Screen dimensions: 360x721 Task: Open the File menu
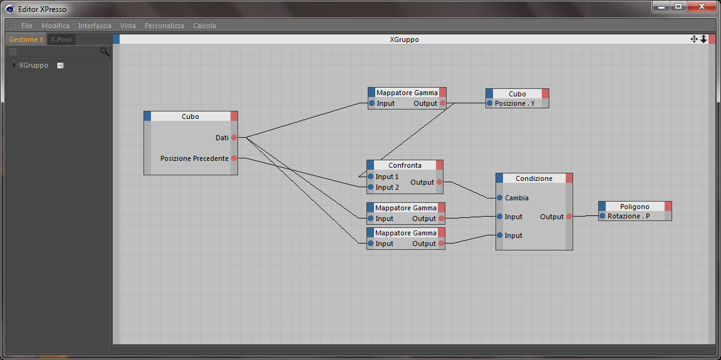(x=26, y=26)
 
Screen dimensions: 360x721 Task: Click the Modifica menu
(x=55, y=26)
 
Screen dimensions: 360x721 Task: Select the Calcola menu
(x=204, y=26)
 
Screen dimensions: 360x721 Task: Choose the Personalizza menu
(x=164, y=26)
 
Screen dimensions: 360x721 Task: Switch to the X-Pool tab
(x=61, y=39)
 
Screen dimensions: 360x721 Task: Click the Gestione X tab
(x=26, y=39)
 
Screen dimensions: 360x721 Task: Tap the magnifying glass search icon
(x=105, y=51)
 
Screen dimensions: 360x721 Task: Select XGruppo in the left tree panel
(x=33, y=65)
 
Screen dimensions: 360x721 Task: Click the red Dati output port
(x=234, y=137)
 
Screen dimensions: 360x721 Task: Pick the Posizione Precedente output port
(x=234, y=158)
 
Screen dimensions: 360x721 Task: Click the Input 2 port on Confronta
(x=371, y=187)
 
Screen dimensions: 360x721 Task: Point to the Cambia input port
(x=500, y=198)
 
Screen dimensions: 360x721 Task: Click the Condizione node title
(x=534, y=178)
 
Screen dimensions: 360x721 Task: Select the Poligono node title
(x=635, y=207)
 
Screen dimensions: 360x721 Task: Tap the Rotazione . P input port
(x=603, y=216)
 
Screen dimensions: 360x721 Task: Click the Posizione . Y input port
(x=490, y=103)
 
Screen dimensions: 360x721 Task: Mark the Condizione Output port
(x=569, y=217)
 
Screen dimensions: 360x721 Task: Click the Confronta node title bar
(x=405, y=165)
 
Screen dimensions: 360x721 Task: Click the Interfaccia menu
(x=95, y=26)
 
